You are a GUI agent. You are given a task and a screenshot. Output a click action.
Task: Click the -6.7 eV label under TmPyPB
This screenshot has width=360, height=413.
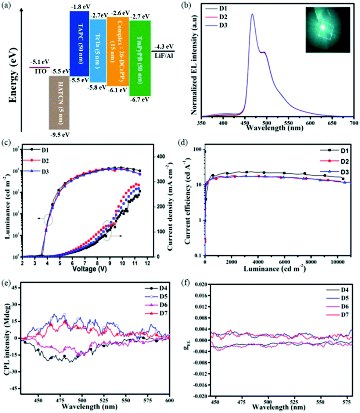140,100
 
